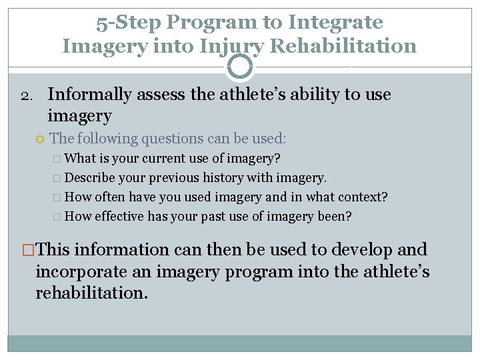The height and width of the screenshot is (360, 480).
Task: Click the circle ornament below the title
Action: click(240, 67)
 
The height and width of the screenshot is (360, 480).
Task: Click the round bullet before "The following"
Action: click(41, 139)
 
